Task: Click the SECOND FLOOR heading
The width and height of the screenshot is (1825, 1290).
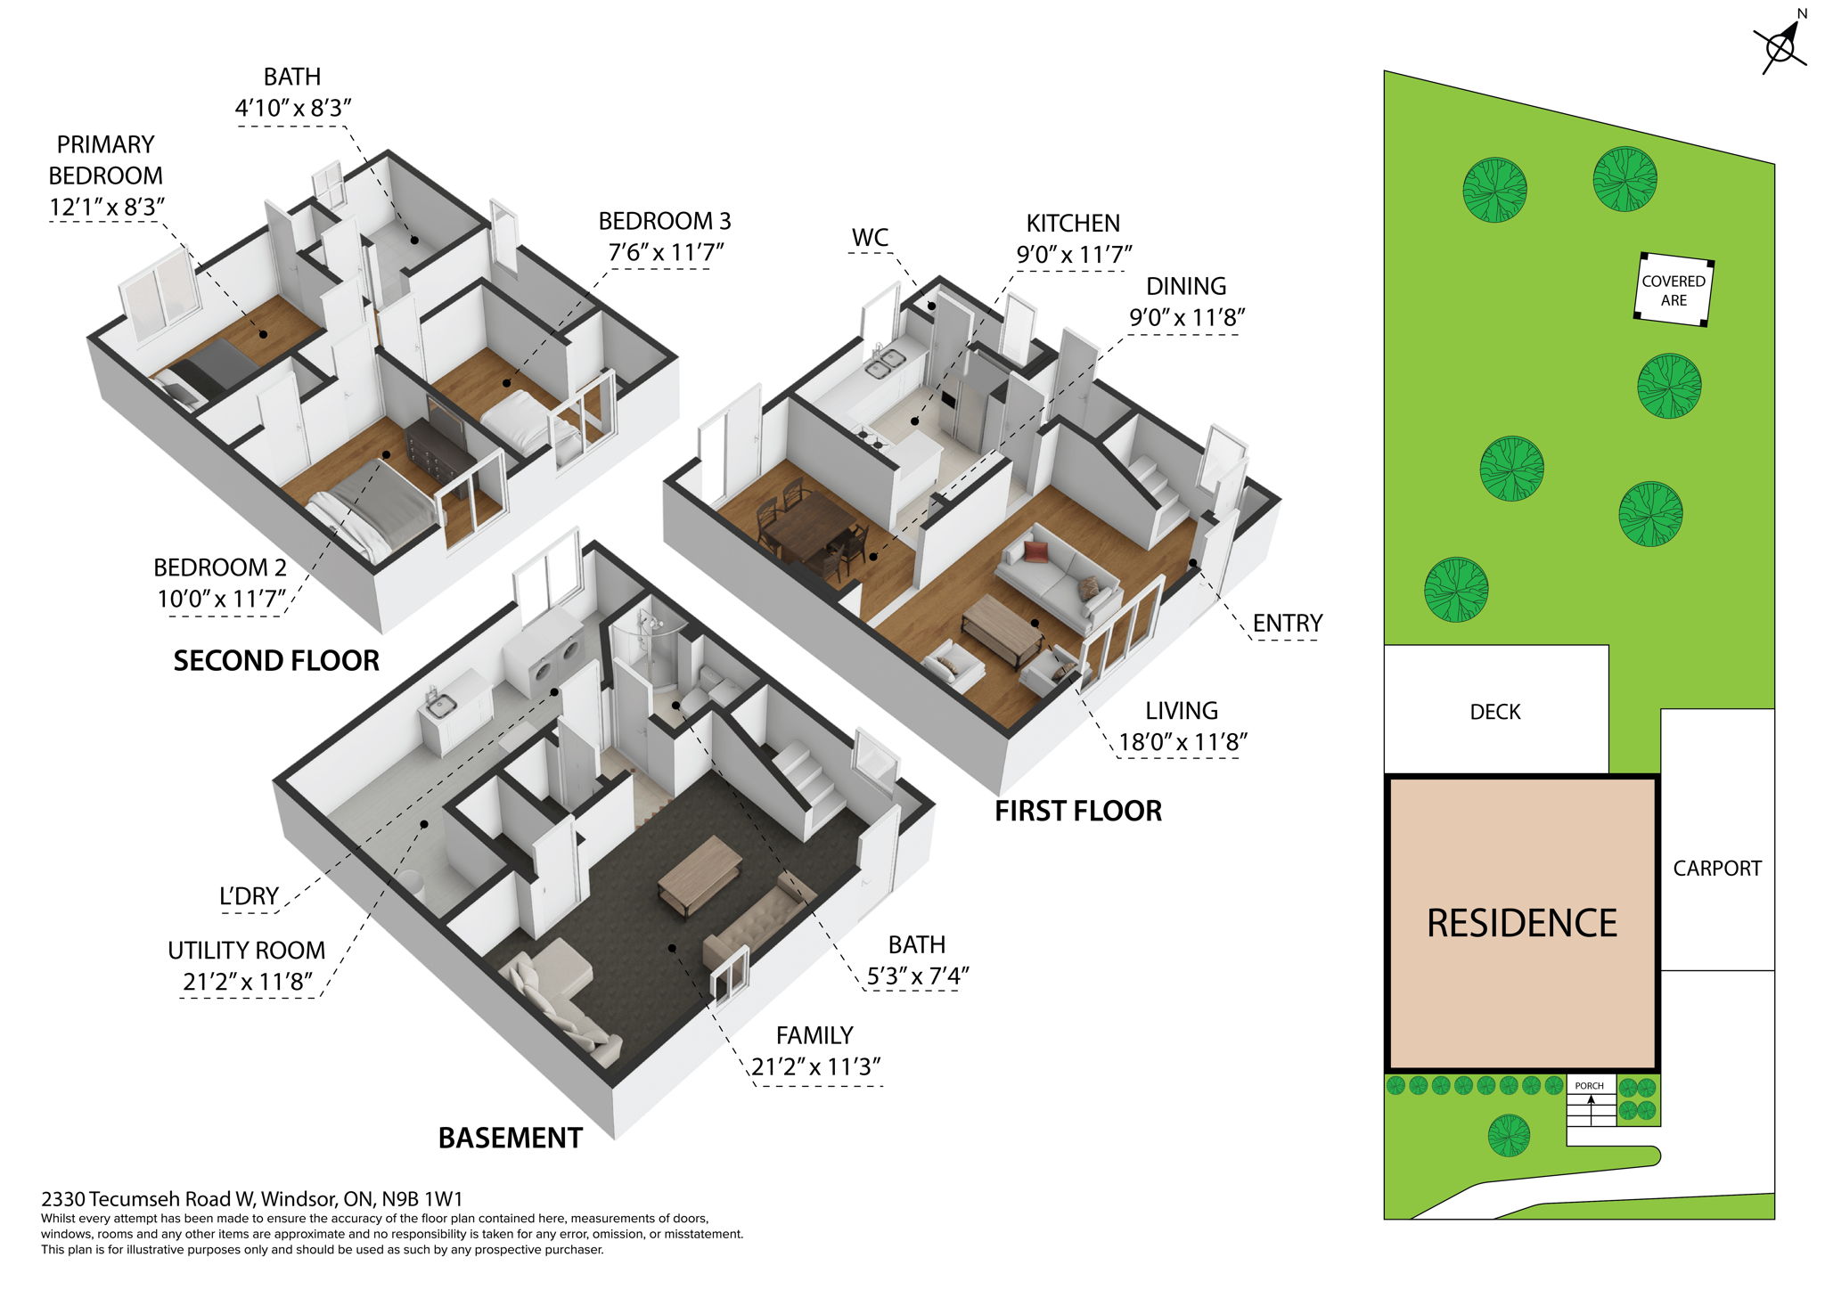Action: click(x=276, y=661)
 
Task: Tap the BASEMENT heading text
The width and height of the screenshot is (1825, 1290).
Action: click(x=510, y=1139)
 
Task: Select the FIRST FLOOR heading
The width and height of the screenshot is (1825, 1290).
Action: click(x=1078, y=812)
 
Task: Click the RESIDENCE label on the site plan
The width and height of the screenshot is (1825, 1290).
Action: click(x=1521, y=924)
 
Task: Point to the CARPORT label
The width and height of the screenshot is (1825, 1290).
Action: click(x=1716, y=869)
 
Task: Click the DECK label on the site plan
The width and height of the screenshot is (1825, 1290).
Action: click(x=1494, y=712)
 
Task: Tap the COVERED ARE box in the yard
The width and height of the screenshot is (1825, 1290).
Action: click(x=1674, y=290)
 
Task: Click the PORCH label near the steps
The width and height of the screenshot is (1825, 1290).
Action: click(x=1589, y=1086)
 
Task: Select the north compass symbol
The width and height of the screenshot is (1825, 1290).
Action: click(x=1780, y=45)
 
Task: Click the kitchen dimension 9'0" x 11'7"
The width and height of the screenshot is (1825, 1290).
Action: click(x=1073, y=255)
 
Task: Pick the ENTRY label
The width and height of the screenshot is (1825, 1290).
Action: click(x=1287, y=624)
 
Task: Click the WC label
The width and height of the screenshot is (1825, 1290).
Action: click(x=870, y=238)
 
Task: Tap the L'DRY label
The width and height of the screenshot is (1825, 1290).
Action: click(x=249, y=896)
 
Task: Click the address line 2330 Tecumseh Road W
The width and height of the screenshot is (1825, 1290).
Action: click(x=251, y=1199)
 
